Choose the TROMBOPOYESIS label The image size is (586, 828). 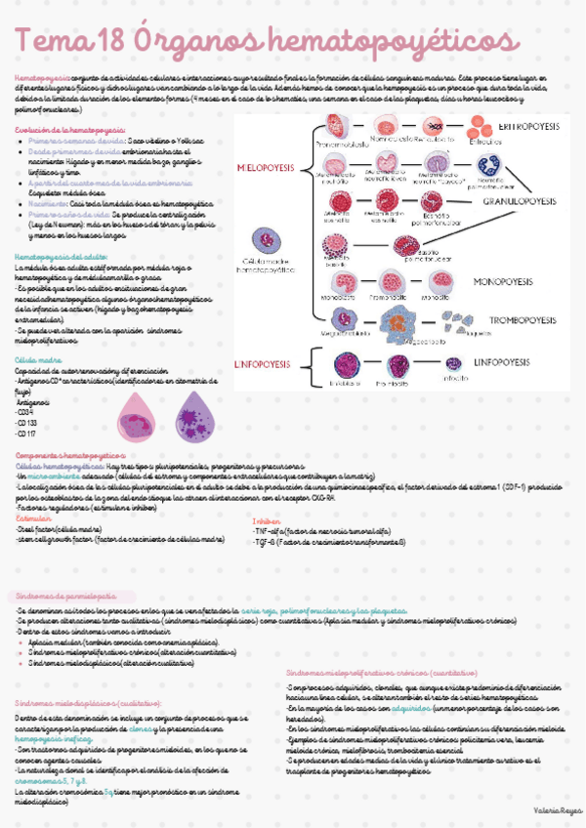pyautogui.click(x=528, y=319)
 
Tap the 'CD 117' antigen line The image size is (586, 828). pyautogui.click(x=28, y=434)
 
